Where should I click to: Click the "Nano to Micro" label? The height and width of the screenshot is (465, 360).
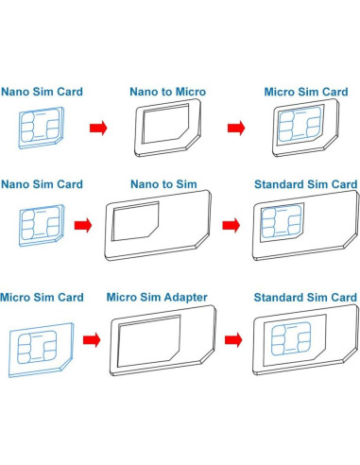[x=166, y=92]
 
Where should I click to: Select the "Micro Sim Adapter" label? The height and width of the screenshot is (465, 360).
[x=158, y=297]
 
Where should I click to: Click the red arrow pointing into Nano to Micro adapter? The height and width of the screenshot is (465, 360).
[x=97, y=127]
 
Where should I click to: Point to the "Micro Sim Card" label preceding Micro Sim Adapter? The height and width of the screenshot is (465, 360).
[x=43, y=297]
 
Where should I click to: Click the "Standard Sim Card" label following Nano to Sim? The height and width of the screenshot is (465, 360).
[x=304, y=183]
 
